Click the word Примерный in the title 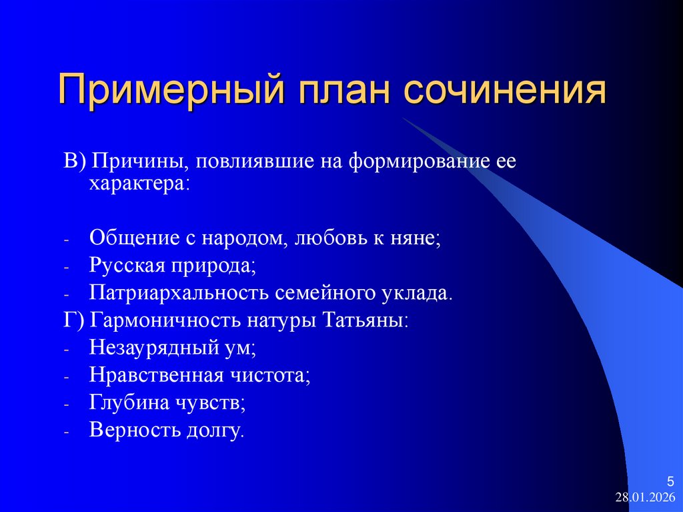165,91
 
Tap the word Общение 128,238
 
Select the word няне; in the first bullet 417,238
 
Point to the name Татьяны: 365,320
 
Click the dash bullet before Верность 67,432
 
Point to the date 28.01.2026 645,498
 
